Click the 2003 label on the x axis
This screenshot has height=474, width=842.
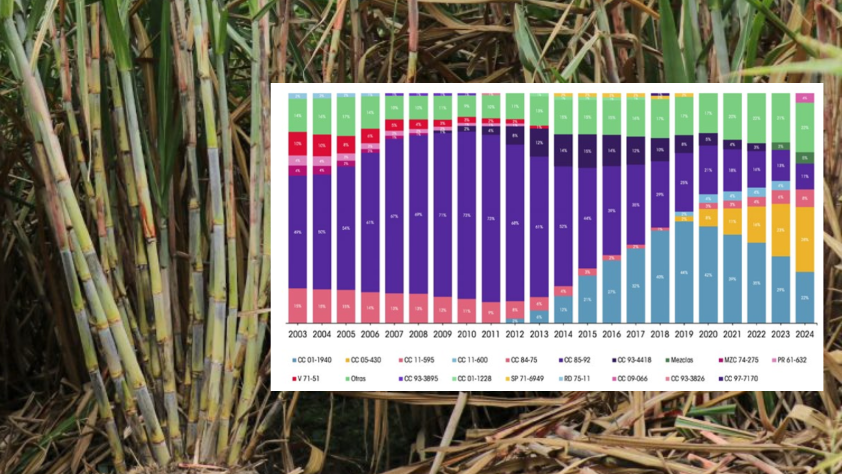(x=297, y=334)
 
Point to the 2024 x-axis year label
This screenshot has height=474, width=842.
(x=804, y=334)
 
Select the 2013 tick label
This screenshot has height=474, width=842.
(x=539, y=334)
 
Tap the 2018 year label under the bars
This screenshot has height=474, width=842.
(x=660, y=334)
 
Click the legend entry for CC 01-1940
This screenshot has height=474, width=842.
(x=312, y=360)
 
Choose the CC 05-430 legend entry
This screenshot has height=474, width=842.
(x=363, y=360)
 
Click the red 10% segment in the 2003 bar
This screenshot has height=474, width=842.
(x=297, y=143)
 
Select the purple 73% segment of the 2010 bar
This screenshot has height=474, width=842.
(x=467, y=215)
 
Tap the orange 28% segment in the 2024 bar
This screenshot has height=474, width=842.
(x=804, y=239)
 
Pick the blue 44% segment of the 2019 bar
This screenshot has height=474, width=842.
(x=684, y=272)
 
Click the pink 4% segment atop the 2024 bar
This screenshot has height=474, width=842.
(x=804, y=98)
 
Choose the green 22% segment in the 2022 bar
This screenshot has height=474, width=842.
(x=756, y=118)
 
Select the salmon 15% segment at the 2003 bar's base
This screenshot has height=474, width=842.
(x=297, y=305)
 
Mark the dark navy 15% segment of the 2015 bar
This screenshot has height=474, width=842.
(x=587, y=151)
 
